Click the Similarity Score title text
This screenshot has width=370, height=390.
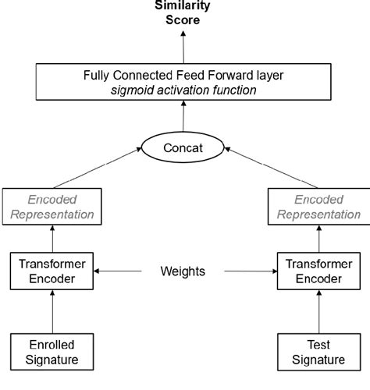pos(183,13)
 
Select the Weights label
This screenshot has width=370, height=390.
pos(183,271)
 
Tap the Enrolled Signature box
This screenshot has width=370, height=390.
pos(52,352)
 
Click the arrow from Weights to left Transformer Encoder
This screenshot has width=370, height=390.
pos(117,271)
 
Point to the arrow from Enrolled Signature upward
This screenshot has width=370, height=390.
pos(53,312)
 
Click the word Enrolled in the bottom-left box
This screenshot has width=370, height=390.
pos(52,344)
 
